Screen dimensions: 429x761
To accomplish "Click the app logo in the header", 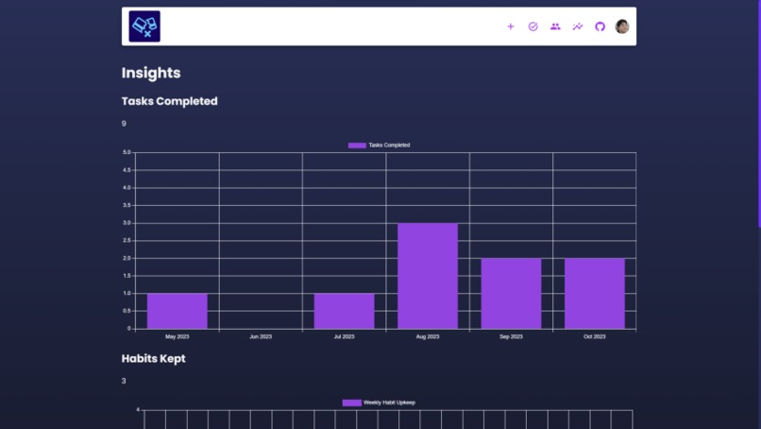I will point(144,26).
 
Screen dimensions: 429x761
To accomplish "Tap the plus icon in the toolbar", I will point(511,26).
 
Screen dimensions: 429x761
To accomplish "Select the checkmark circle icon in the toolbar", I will point(533,26).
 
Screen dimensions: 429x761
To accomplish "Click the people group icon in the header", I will point(555,26).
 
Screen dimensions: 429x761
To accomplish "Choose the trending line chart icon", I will point(578,26).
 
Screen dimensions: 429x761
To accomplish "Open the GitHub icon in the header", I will point(600,26).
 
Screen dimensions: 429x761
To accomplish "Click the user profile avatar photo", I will point(622,26).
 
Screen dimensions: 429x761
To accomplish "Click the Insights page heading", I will point(151,73).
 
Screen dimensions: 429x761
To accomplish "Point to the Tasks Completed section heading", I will point(169,101).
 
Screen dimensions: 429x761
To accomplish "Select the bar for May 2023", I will point(177,311).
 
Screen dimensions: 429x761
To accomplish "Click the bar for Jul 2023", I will point(344,311).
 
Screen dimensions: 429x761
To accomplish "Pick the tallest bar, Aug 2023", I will point(428,276).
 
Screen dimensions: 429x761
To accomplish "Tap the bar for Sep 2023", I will point(511,293).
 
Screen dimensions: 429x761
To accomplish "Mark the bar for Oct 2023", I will point(594,293).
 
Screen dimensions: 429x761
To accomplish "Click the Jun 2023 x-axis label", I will point(261,336).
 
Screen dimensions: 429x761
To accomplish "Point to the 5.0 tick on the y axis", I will point(127,152).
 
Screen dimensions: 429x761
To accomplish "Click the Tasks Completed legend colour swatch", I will point(357,146).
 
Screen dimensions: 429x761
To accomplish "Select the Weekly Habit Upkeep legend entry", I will point(379,403).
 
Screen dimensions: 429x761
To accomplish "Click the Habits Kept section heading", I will point(153,359).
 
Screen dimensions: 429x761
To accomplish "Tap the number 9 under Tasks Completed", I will point(124,124).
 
